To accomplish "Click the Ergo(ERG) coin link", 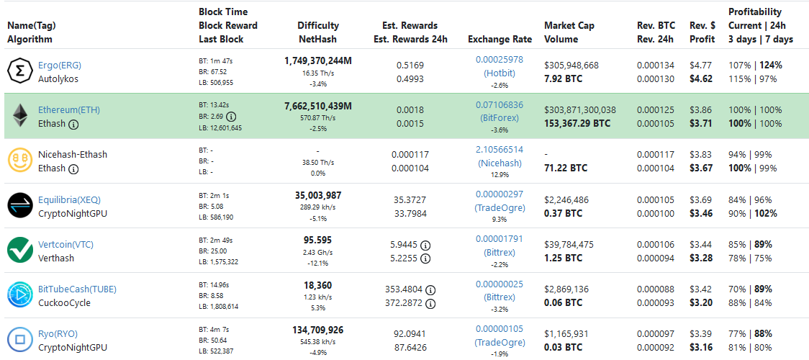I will pos(59,65).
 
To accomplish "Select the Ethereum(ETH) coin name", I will pos(69,110).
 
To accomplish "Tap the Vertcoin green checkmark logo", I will pos(20,251).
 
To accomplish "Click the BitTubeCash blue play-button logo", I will pos(20,295).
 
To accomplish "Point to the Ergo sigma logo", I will pos(20,71).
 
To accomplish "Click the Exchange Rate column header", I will pos(500,40).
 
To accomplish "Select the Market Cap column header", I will pos(569,25).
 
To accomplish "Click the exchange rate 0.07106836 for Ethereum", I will pos(500,104).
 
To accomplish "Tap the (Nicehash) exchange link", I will pos(500,163).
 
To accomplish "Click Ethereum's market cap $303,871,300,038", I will pos(580,110).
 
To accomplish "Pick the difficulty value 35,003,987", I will pos(318,195).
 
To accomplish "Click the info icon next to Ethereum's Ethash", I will pos(73,124).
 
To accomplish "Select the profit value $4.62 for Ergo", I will pos(701,79).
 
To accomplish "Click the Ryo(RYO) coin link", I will pos(58,333).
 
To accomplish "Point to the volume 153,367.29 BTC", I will pos(577,124).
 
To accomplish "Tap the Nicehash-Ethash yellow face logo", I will pos(20,161).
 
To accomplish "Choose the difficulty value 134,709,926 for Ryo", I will pos(318,330).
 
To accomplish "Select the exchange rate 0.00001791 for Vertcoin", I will pos(500,238).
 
